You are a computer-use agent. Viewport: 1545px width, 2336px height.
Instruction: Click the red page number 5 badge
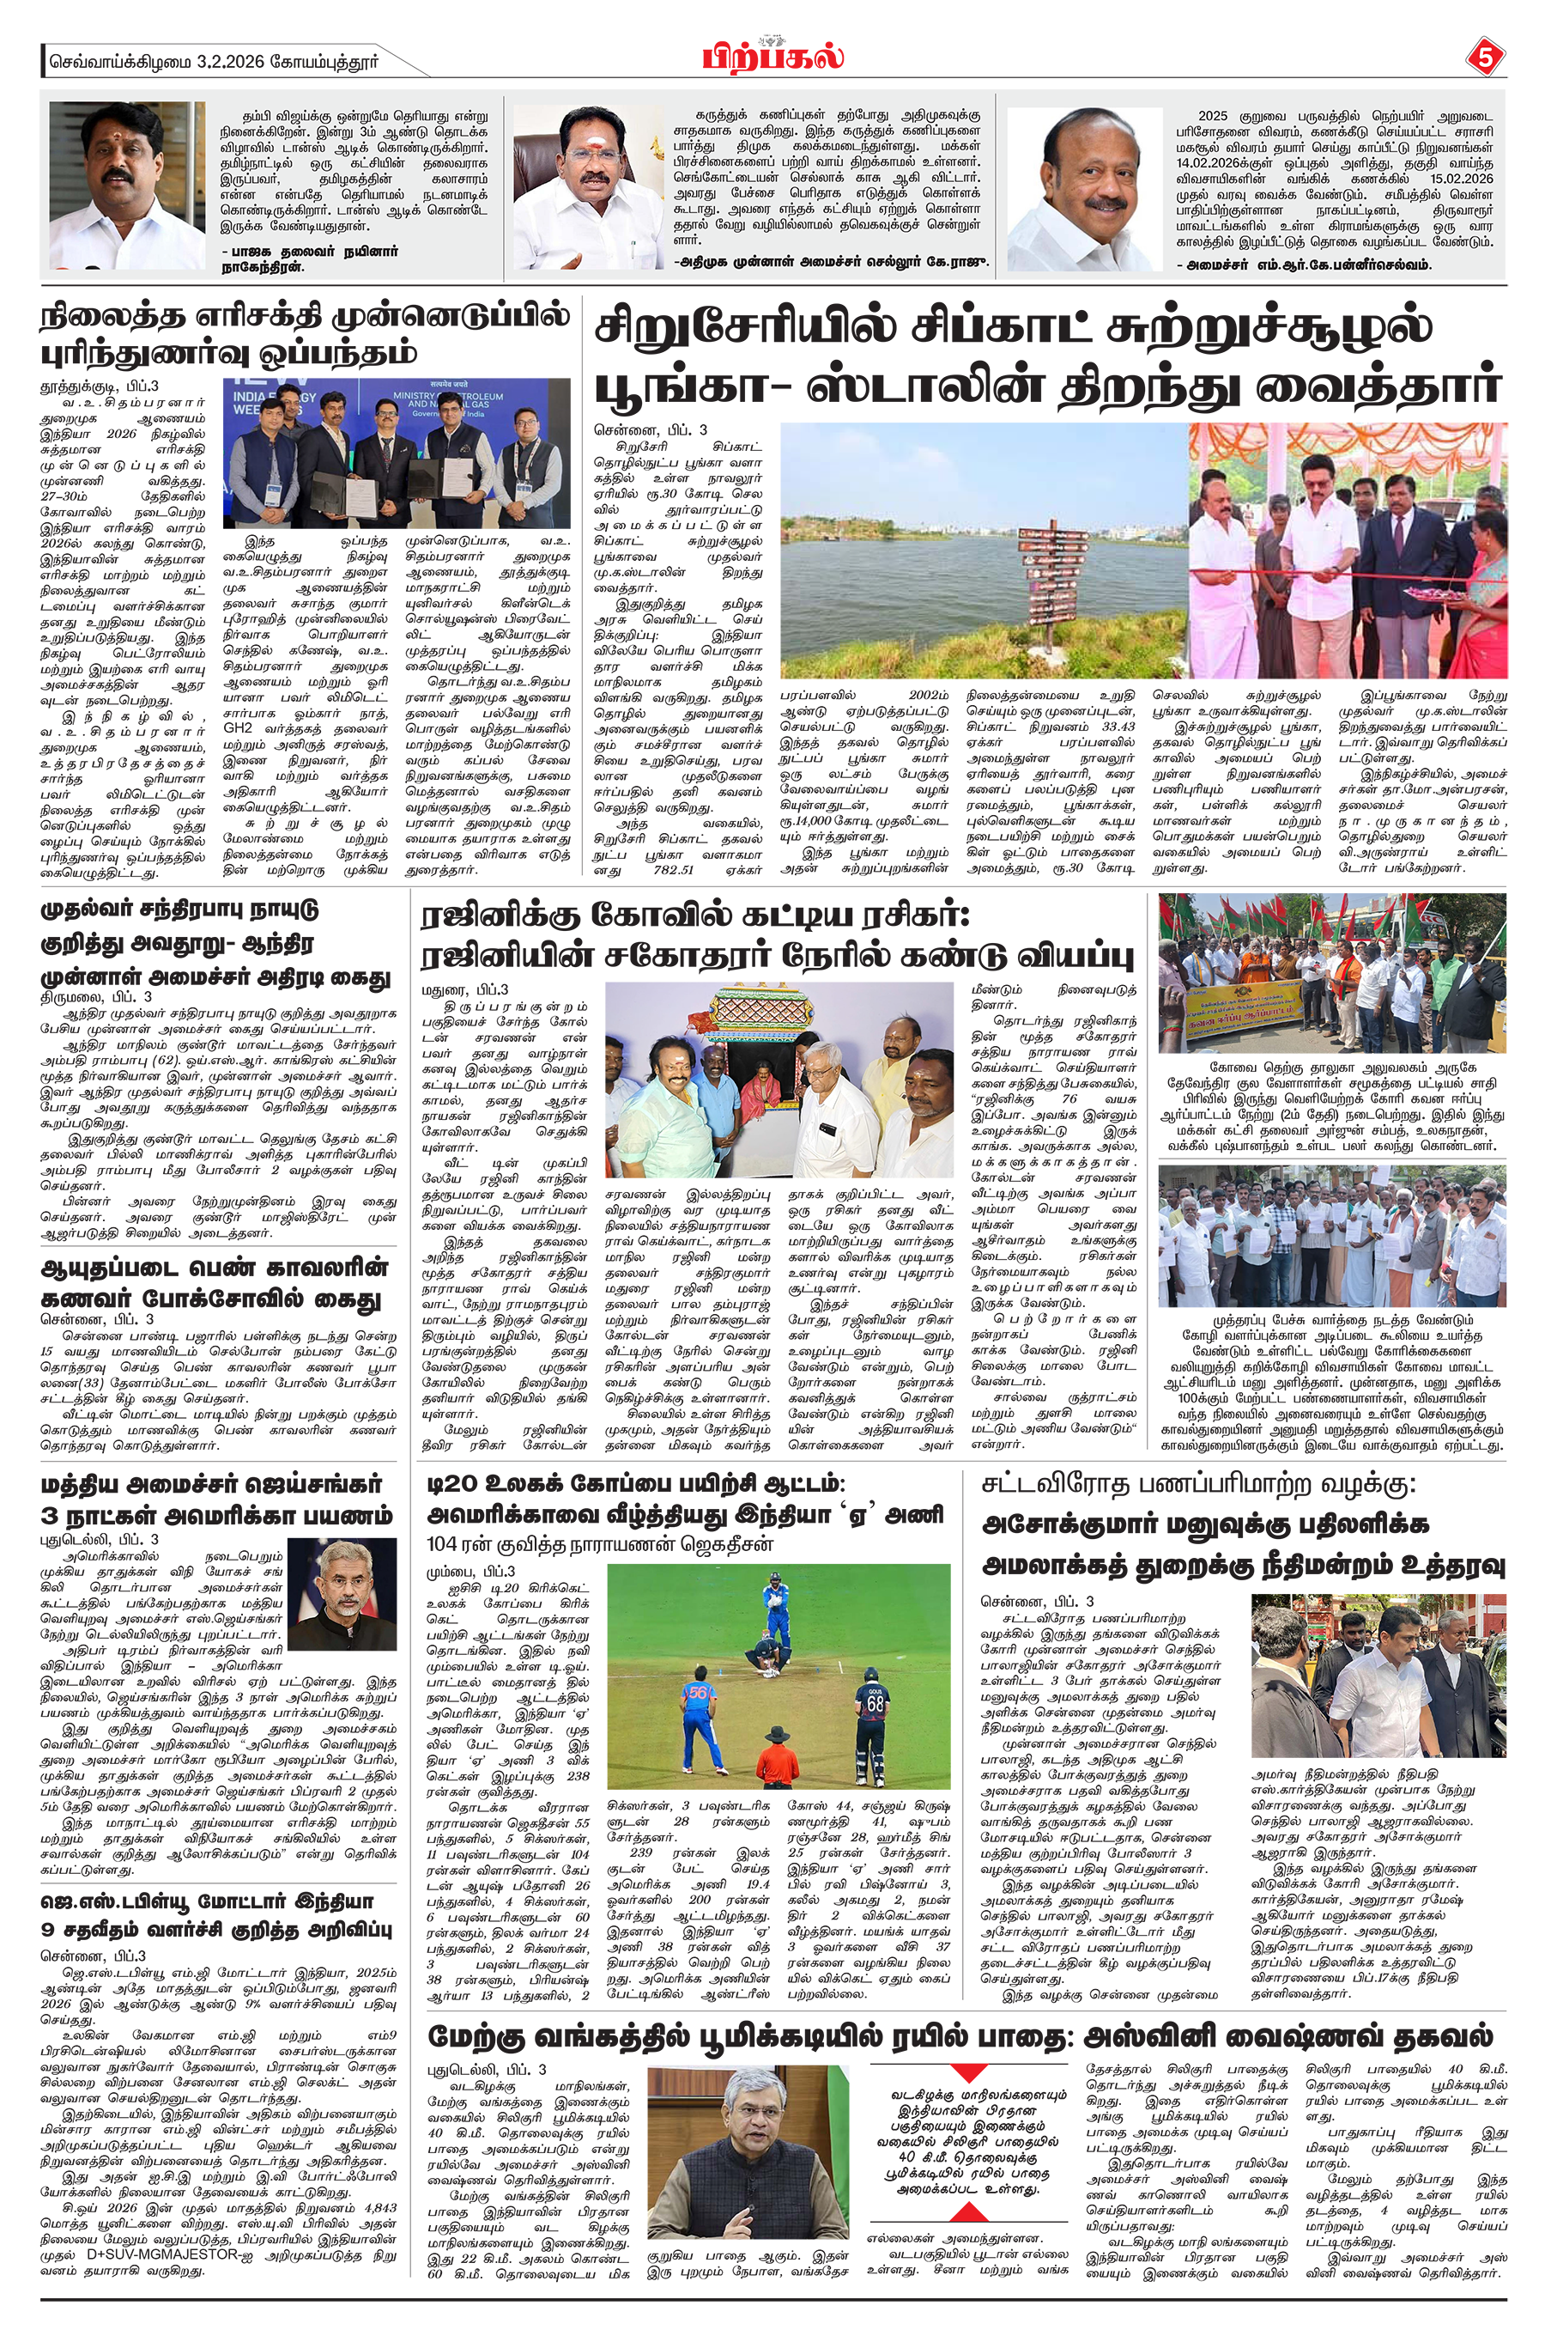(x=1485, y=58)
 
